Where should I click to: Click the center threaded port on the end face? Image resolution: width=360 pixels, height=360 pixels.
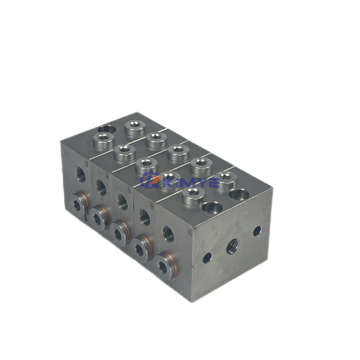click(x=233, y=245)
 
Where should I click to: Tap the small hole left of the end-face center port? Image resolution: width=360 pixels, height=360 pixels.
click(x=207, y=258)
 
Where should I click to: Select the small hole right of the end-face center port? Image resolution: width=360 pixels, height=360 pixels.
click(x=257, y=231)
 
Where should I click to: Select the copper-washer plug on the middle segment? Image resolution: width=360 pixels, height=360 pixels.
click(x=120, y=232)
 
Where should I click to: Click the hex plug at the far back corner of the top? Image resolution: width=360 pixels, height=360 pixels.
click(x=134, y=127)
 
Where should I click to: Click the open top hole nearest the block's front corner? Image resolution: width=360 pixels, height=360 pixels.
click(x=211, y=207)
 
